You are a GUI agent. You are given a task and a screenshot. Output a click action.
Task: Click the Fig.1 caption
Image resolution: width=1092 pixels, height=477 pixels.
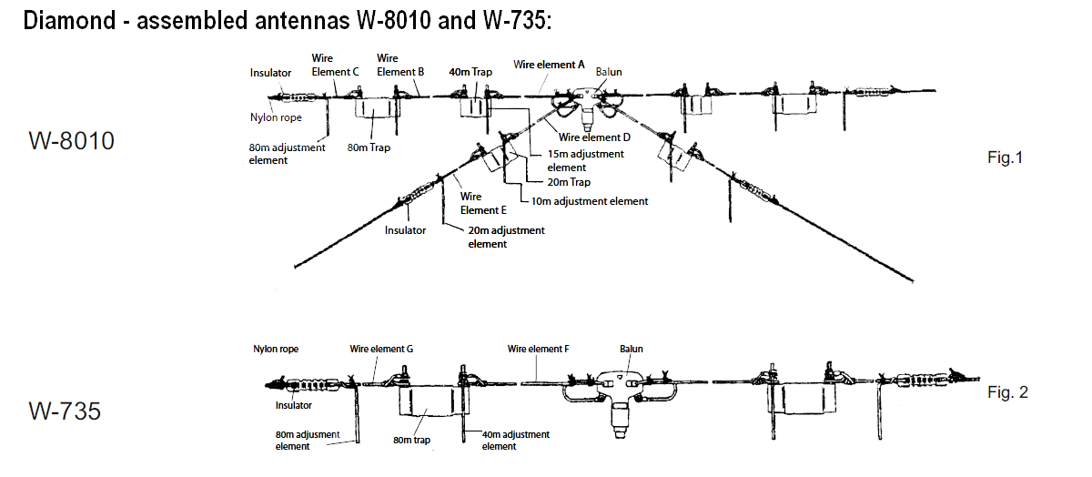tap(1006, 158)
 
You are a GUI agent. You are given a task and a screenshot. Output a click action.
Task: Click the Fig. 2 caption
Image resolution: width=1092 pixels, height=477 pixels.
tap(1007, 392)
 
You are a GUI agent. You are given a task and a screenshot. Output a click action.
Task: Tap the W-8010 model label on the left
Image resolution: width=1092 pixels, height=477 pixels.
tap(71, 141)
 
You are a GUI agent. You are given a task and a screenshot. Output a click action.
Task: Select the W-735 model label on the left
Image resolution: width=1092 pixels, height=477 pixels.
tap(65, 411)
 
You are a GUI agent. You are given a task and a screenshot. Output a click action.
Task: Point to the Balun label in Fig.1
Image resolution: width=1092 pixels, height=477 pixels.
tap(609, 71)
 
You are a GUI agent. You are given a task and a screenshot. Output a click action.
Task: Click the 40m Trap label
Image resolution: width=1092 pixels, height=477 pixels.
tap(470, 71)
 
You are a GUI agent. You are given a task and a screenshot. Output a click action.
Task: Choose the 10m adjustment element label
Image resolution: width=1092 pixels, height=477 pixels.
tap(590, 201)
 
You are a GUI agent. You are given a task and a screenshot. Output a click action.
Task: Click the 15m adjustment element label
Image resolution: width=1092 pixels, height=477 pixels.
tap(585, 160)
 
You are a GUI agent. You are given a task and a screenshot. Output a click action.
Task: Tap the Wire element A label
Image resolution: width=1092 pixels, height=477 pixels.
tap(549, 65)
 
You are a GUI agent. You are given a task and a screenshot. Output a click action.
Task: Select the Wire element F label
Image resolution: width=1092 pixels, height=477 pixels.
tap(539, 349)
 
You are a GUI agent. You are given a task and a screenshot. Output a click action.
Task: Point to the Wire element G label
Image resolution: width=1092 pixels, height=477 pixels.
tap(382, 349)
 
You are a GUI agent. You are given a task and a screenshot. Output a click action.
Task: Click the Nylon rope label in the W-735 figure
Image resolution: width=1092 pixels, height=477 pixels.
tap(276, 349)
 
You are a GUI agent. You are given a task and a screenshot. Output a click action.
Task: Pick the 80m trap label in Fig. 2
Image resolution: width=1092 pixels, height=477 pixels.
tap(411, 441)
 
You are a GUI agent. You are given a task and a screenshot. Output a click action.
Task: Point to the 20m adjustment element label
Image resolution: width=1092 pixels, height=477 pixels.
tap(506, 237)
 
